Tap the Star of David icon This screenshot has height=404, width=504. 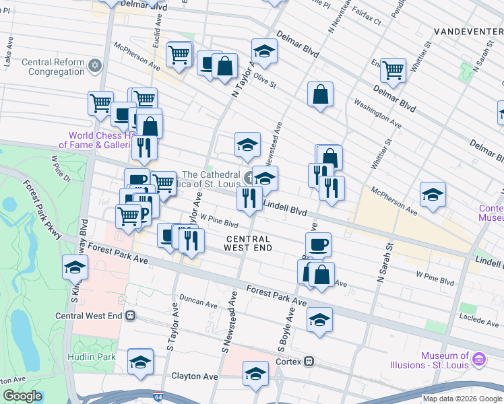pyautogui.click(x=96, y=66)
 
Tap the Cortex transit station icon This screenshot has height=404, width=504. pyautogui.click(x=309, y=361)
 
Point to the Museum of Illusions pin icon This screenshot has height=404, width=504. pyautogui.click(x=478, y=360)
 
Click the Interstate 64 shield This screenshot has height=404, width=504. pyautogui.click(x=157, y=399)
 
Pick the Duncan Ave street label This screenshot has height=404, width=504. pyautogui.click(x=198, y=304)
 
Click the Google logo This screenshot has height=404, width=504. pyautogui.click(x=22, y=396)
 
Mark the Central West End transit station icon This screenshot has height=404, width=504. pyautogui.click(x=130, y=315)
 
